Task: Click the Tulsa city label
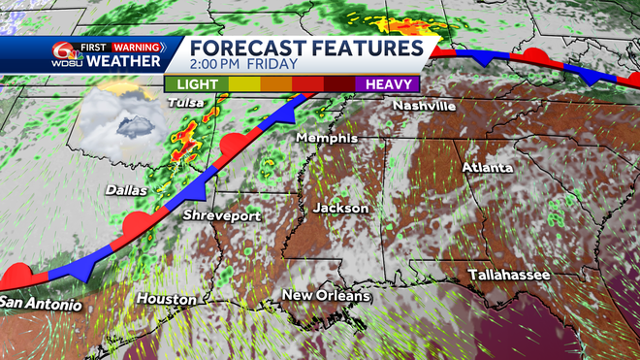(x=184, y=102)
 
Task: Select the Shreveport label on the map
(x=221, y=215)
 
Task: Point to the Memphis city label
(x=328, y=139)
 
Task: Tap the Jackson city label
(x=340, y=208)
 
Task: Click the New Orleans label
(x=326, y=295)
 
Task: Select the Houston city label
(x=166, y=298)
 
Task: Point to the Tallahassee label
(x=509, y=276)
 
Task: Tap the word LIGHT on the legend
(x=200, y=84)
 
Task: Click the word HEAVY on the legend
(x=388, y=84)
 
